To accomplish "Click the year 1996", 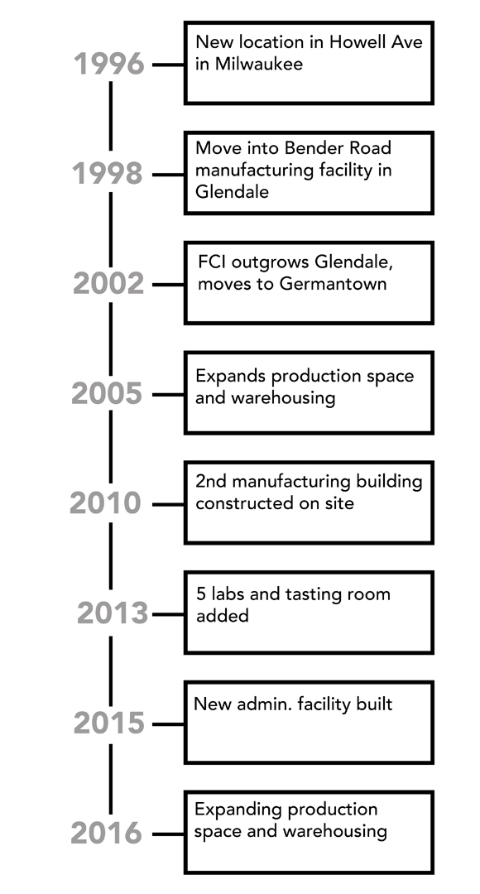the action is pyautogui.click(x=109, y=64).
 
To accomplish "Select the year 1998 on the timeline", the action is pyautogui.click(x=108, y=174).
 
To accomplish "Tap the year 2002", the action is pyautogui.click(x=108, y=284).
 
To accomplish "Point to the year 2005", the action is pyautogui.click(x=107, y=394).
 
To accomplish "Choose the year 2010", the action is pyautogui.click(x=105, y=503).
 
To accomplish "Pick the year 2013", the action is pyautogui.click(x=113, y=613).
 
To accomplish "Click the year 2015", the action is pyautogui.click(x=109, y=723).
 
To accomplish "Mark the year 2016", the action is pyautogui.click(x=107, y=834).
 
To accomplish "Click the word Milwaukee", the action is pyautogui.click(x=258, y=64).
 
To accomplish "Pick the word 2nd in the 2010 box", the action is pyautogui.click(x=211, y=482).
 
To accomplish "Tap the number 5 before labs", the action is pyautogui.click(x=200, y=594).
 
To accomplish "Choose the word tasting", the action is pyautogui.click(x=316, y=594).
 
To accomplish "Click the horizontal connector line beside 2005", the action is pyautogui.click(x=168, y=395).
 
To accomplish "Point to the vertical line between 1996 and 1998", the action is pyautogui.click(x=111, y=117).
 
